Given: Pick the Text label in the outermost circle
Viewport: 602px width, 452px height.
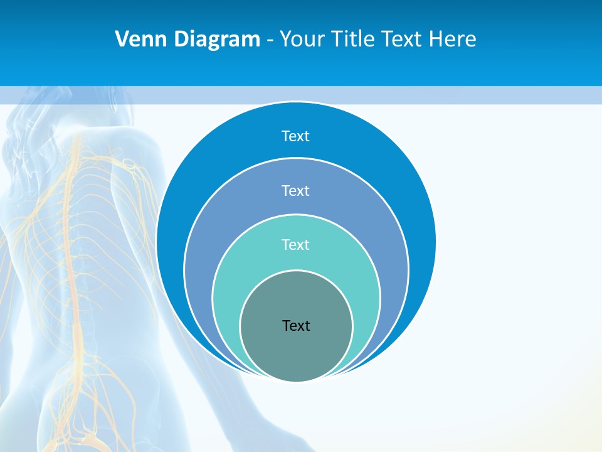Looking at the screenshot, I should pyautogui.click(x=295, y=136).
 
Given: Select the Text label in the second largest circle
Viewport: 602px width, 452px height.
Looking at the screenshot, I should pyautogui.click(x=295, y=190).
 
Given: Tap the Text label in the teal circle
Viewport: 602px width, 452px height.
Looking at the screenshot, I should pyautogui.click(x=295, y=244).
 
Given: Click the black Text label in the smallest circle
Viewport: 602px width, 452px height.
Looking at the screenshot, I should pyautogui.click(x=296, y=325).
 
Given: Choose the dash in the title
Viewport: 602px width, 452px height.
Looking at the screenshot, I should pyautogui.click(x=270, y=40).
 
